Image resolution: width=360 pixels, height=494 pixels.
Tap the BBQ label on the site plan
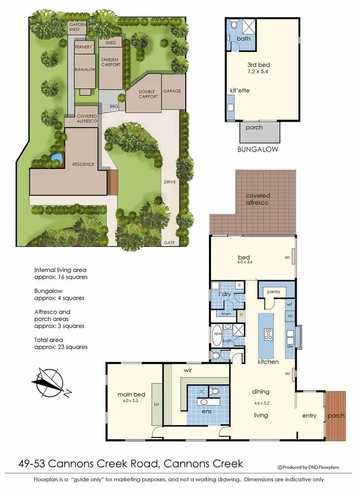click(114, 106)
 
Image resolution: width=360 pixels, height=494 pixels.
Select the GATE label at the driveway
click(169, 243)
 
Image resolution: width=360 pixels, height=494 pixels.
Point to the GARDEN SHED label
click(77, 26)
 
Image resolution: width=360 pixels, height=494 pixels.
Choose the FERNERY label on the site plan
click(84, 47)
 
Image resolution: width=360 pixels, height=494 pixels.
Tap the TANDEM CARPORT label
click(110, 62)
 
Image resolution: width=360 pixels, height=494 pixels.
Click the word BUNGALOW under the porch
click(258, 149)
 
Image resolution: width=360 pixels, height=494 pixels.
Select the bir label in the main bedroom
click(156, 404)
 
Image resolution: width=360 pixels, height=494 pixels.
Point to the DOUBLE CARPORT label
click(148, 94)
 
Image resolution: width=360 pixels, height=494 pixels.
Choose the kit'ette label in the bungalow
click(240, 90)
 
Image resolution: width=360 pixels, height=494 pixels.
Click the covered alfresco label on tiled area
click(258, 199)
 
